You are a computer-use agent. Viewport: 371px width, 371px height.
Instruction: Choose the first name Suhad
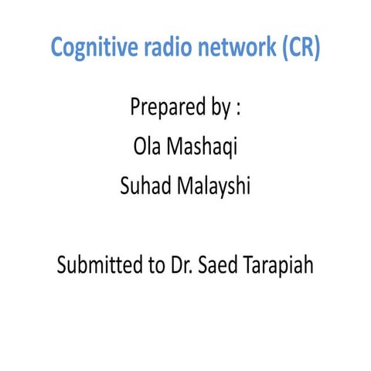143,186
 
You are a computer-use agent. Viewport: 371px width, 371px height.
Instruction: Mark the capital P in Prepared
135,107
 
